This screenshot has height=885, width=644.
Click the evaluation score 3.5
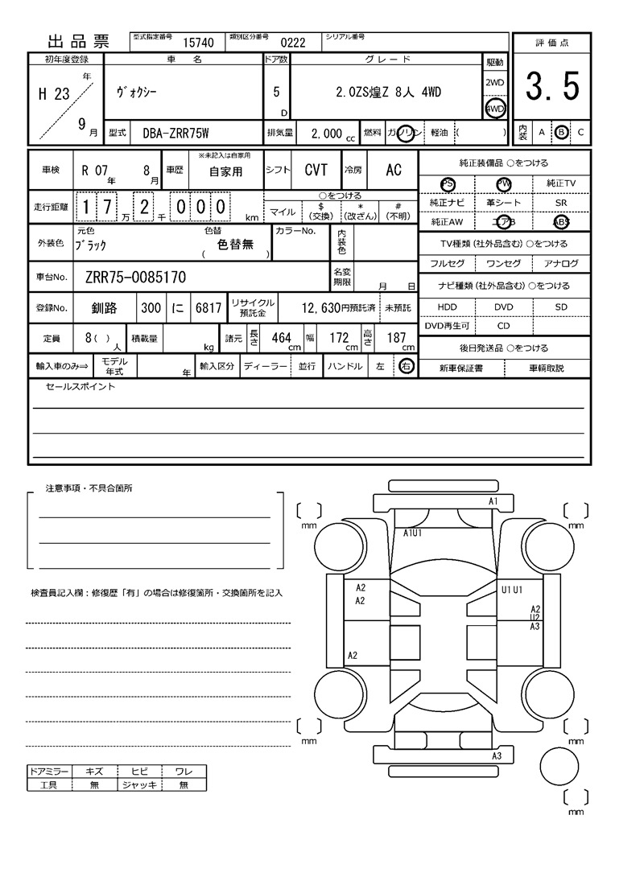[x=552, y=87]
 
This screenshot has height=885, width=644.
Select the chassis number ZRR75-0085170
[x=135, y=278]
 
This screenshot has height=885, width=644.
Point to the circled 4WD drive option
[x=495, y=109]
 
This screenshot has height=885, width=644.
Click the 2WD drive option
[x=495, y=83]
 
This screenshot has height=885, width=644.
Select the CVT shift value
[x=316, y=170]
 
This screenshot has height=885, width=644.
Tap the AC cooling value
[x=394, y=170]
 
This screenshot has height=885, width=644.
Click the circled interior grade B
[x=562, y=132]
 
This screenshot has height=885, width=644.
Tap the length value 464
[x=281, y=338]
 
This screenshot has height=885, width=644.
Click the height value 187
[x=396, y=338]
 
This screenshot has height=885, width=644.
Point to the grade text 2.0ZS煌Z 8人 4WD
[x=388, y=92]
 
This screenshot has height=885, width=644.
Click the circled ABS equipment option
[x=561, y=223]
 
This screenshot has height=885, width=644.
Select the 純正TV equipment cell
[x=561, y=183]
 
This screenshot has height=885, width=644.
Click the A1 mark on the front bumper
[x=494, y=501]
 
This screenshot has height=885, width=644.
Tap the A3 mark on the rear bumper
[x=497, y=756]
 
